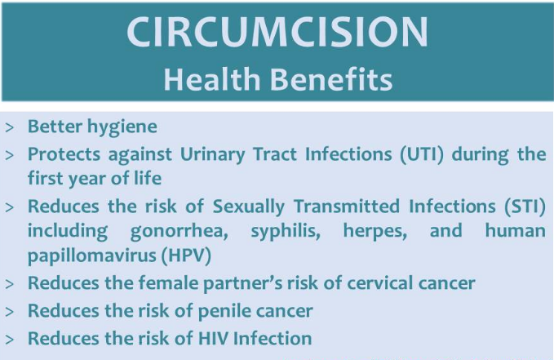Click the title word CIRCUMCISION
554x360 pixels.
pyautogui.click(x=277, y=32)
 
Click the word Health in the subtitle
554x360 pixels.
pyautogui.click(x=212, y=79)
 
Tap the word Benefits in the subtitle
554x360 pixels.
pyautogui.click(x=331, y=79)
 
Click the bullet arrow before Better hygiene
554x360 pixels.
pyautogui.click(x=10, y=127)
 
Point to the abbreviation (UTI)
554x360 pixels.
pyautogui.click(x=422, y=154)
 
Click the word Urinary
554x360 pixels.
pyautogui.click(x=213, y=155)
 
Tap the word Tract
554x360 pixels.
pyautogui.click(x=275, y=154)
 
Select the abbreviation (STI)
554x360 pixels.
pyautogui.click(x=525, y=207)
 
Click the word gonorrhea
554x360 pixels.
pyautogui.click(x=179, y=232)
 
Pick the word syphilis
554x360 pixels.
pyautogui.click(x=286, y=231)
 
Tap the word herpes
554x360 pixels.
pyautogui.click(x=375, y=232)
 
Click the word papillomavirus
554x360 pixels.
pyautogui.click(x=92, y=256)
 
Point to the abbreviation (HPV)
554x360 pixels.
pyautogui.click(x=186, y=256)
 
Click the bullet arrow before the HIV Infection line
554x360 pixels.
pyautogui.click(x=10, y=340)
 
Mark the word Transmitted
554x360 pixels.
pyautogui.click(x=347, y=207)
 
